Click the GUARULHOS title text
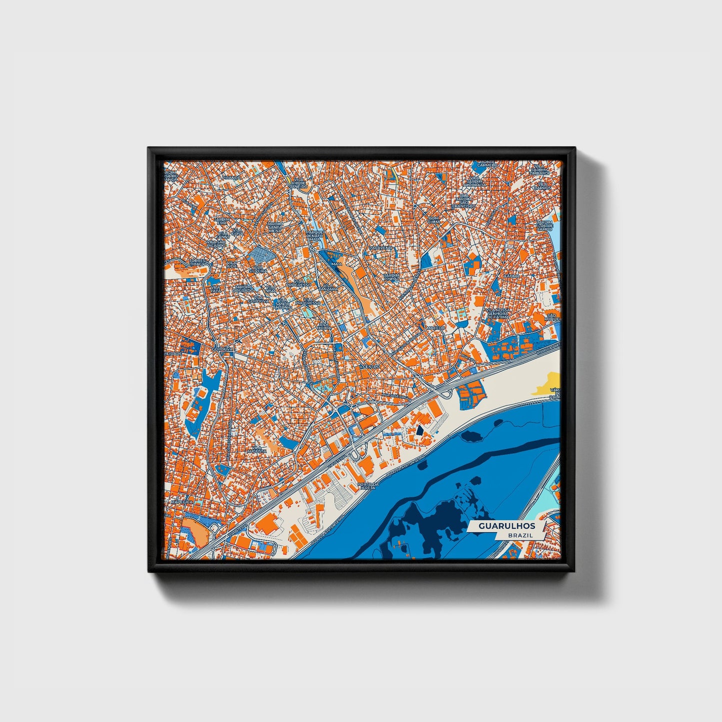507,526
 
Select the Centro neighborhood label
371,367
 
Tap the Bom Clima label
434,220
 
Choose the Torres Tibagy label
197,262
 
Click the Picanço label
231,177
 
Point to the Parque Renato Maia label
315,235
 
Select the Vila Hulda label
324,325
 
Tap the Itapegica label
181,501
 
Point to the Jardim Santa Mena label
274,227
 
